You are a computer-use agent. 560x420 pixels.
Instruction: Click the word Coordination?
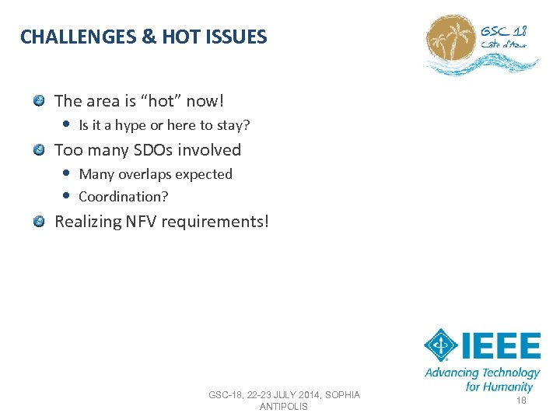[x=123, y=196]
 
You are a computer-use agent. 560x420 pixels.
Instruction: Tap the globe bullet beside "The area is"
[x=39, y=100]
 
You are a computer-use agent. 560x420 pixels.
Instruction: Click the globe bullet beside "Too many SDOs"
[x=39, y=149]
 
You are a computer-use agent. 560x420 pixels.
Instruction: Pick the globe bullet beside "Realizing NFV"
[x=39, y=221]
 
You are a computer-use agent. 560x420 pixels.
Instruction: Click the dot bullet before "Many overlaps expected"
[x=67, y=173]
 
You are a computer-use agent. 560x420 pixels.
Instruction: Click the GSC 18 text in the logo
[x=503, y=31]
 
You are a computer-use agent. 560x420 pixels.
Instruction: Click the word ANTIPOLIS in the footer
[x=283, y=406]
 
